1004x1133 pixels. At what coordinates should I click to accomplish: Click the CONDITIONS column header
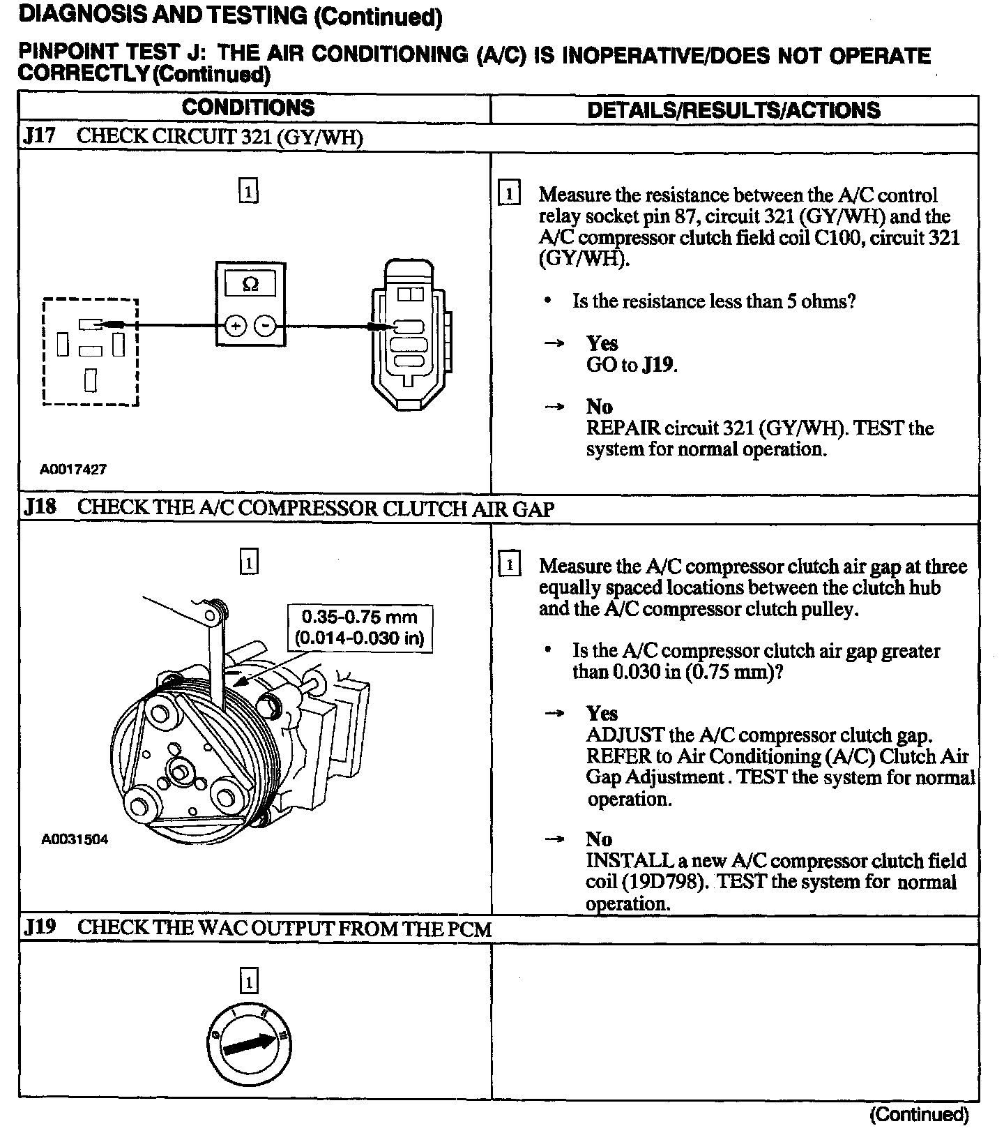click(x=248, y=108)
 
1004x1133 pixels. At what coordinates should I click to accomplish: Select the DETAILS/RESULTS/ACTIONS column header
click(x=733, y=110)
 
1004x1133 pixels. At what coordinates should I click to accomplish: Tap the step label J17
click(x=39, y=136)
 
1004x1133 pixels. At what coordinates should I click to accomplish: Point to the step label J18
click(x=40, y=507)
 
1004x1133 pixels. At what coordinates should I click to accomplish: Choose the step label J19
click(x=40, y=928)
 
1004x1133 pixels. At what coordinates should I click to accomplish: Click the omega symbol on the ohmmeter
click(x=250, y=284)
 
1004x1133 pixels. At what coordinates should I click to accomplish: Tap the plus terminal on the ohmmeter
click(x=236, y=325)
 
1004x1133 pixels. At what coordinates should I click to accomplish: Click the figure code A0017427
click(x=73, y=469)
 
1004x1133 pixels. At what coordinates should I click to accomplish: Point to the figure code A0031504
click(x=75, y=839)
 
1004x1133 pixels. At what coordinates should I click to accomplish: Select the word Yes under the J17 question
click(x=602, y=343)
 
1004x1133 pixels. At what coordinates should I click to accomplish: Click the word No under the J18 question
click(x=599, y=839)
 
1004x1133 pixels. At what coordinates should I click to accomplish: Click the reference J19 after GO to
click(x=658, y=365)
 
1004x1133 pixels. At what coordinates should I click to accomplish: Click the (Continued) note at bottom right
click(x=919, y=1114)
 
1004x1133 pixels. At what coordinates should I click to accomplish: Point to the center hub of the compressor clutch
click(x=180, y=772)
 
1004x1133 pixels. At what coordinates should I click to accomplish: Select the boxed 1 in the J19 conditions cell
click(x=248, y=982)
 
